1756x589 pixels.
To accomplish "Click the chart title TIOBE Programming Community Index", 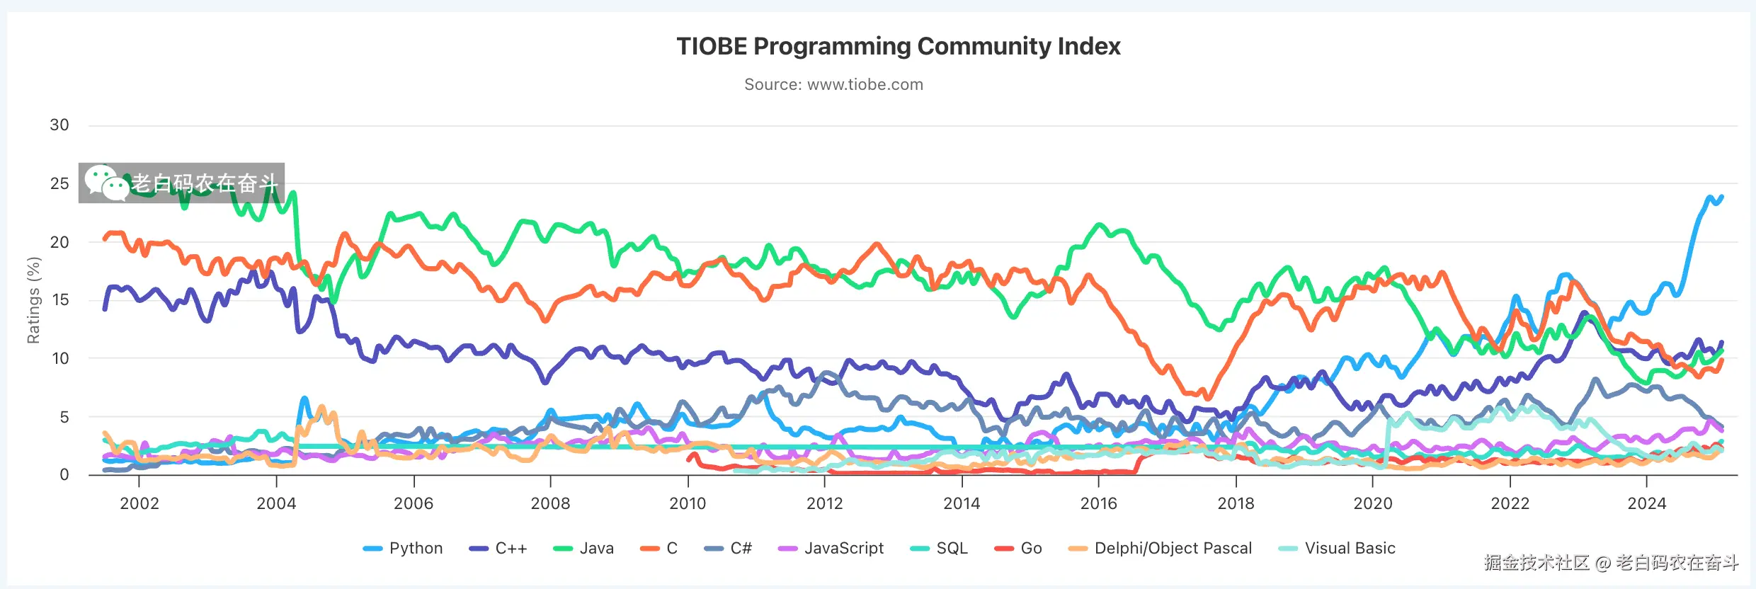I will click(898, 47).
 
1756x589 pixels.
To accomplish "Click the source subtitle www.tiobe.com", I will click(833, 85).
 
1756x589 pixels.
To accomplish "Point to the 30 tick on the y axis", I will click(59, 125).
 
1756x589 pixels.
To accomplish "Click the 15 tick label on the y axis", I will click(59, 300).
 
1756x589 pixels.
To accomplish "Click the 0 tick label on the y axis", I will click(64, 475).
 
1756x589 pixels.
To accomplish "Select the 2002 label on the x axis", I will click(139, 503).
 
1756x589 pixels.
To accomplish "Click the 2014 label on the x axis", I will click(962, 503).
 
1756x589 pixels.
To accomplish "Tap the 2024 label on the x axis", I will click(1647, 503).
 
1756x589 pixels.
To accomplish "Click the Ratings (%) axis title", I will click(33, 300).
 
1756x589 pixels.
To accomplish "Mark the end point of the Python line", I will click(1721, 197).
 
